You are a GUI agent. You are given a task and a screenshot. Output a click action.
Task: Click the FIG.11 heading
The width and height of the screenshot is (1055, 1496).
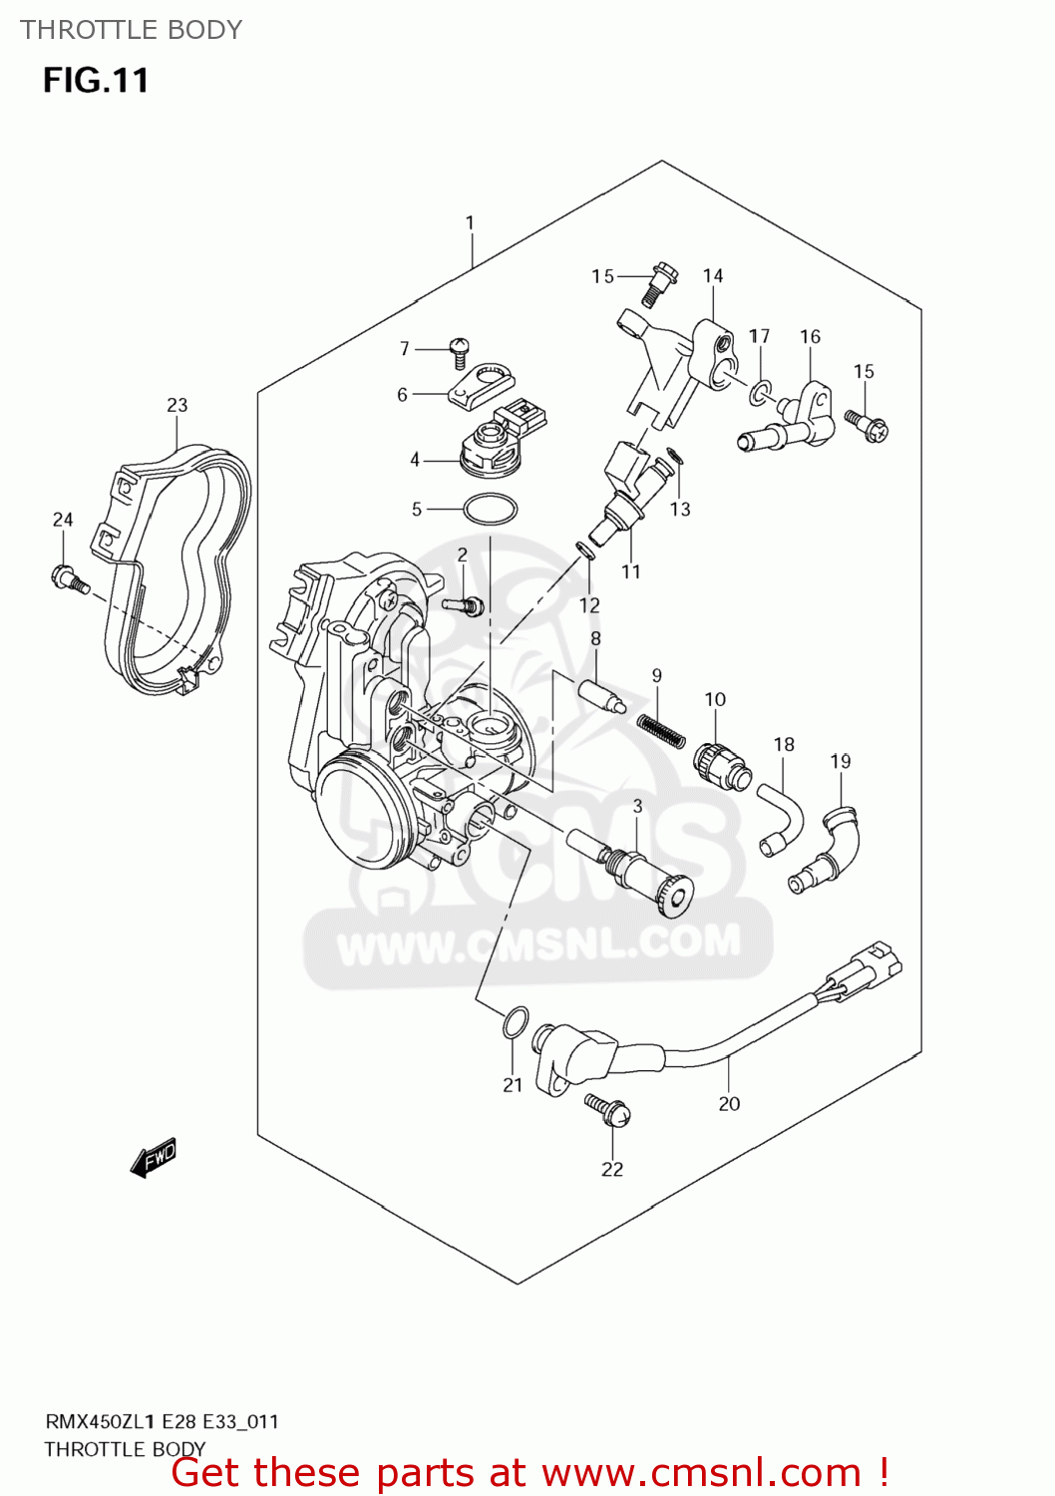tap(96, 80)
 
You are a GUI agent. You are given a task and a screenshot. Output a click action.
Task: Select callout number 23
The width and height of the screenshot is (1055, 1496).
tap(176, 405)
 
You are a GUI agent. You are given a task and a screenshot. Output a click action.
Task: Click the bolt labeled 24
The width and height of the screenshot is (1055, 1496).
tap(69, 578)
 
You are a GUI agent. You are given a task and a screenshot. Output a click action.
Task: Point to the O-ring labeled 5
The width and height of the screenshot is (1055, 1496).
tap(490, 510)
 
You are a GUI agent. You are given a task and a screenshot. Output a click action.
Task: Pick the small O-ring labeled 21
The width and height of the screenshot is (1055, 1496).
tap(514, 1022)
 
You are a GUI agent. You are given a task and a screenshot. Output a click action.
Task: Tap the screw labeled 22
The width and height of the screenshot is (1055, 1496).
tap(608, 1108)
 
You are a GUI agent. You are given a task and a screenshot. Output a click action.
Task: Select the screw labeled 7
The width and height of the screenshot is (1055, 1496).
tap(460, 350)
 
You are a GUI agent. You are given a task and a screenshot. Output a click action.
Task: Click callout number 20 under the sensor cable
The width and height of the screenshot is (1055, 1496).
tap(729, 1103)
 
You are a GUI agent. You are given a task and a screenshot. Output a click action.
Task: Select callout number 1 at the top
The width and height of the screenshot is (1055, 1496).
tap(470, 223)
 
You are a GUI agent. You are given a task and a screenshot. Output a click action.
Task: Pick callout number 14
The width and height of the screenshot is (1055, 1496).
tap(712, 276)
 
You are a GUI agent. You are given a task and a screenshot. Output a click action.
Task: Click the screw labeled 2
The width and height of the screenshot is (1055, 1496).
tap(466, 603)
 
